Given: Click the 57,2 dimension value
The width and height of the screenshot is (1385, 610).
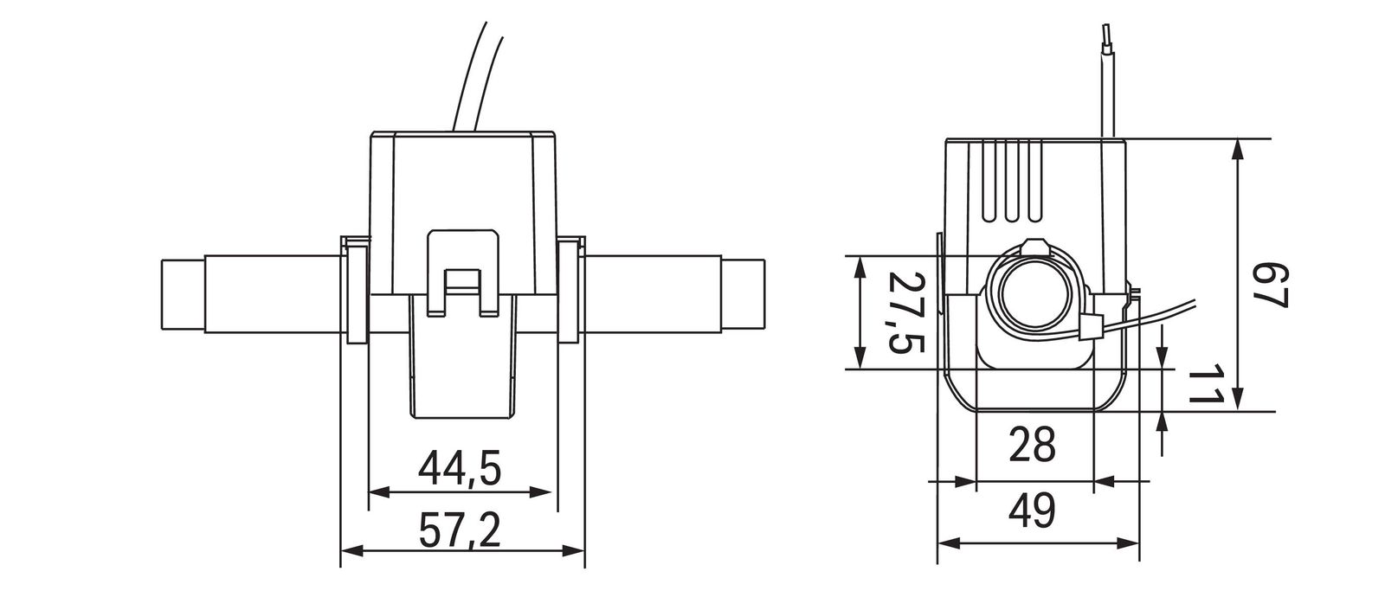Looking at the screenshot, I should pos(460,530).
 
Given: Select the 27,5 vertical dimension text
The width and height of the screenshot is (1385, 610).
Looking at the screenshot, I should pos(906,312).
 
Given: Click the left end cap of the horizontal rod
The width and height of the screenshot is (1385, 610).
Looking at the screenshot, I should pos(183,294).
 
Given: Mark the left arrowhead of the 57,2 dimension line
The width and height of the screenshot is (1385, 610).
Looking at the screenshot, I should pos(351,550).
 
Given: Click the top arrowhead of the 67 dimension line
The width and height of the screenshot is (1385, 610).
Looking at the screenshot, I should pos(1239,150).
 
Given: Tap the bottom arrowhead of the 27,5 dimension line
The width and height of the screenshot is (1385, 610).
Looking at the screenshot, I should pos(859,357).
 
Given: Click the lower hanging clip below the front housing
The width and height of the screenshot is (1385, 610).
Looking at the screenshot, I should pos(463,363).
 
